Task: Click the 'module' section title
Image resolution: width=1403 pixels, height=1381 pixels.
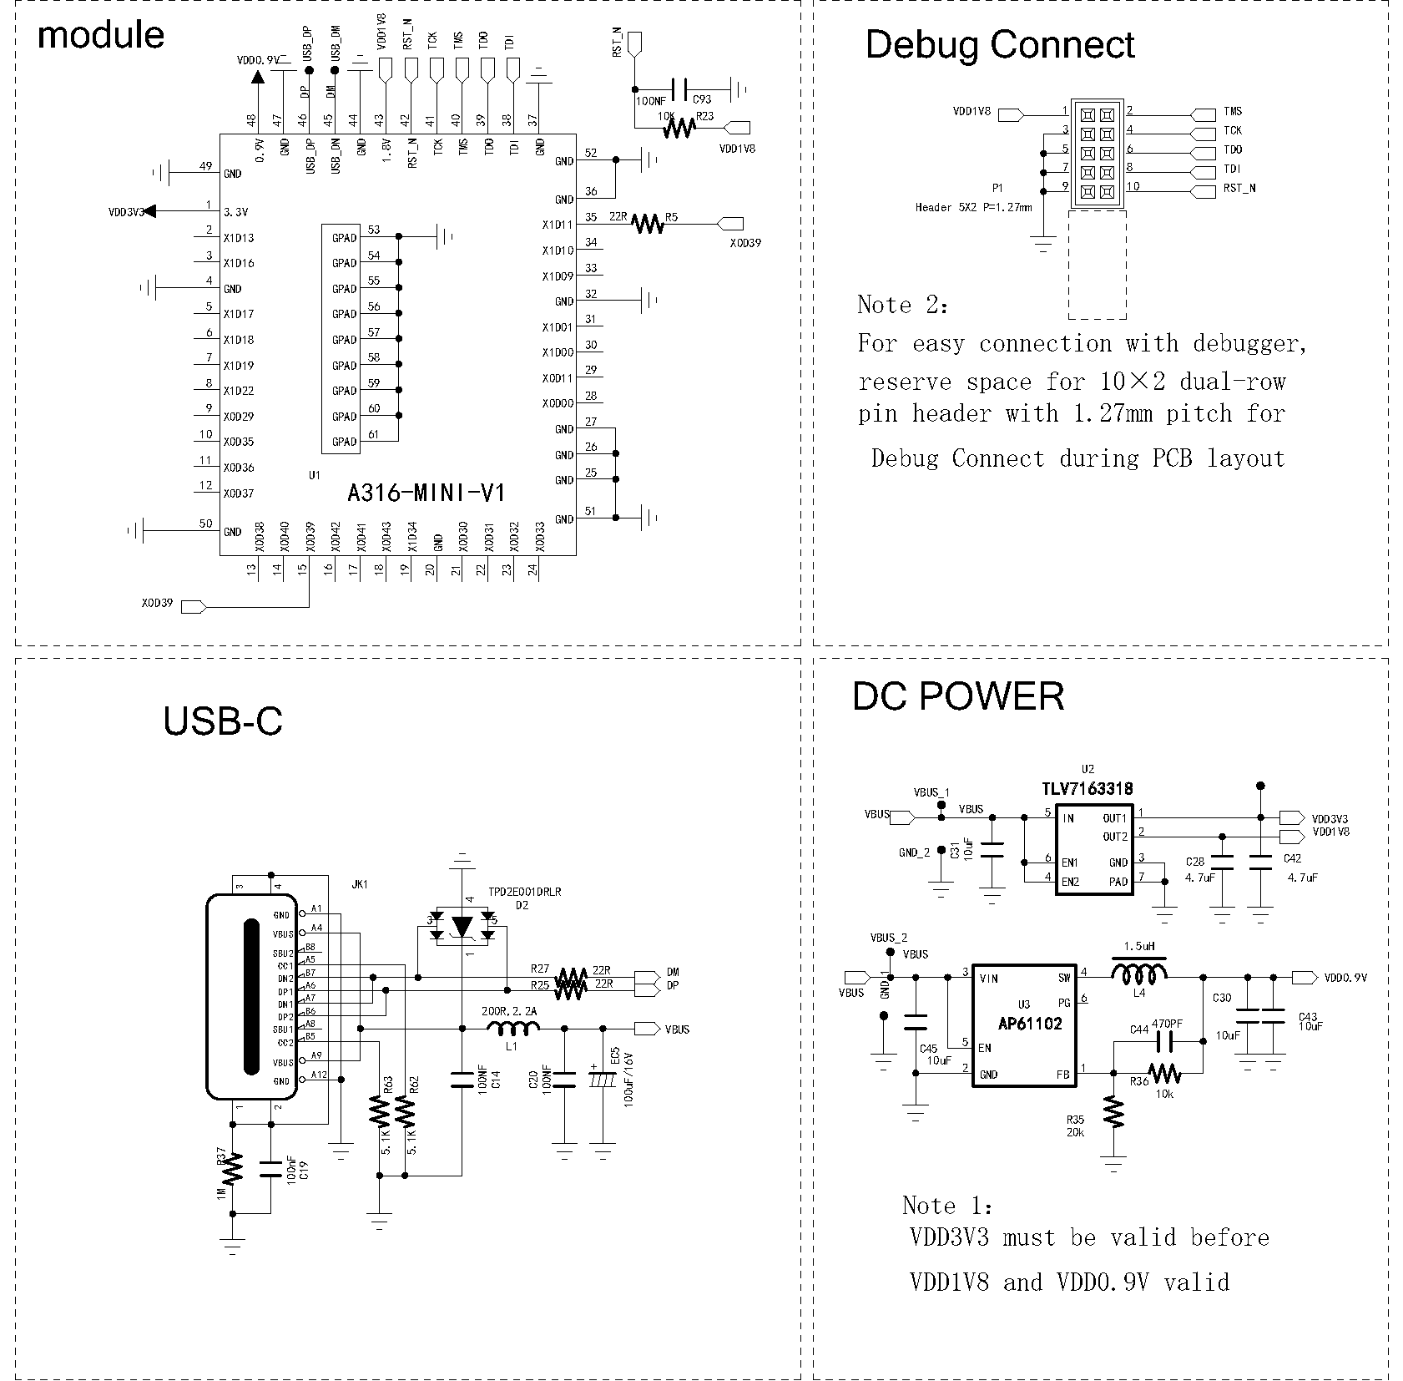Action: tap(100, 35)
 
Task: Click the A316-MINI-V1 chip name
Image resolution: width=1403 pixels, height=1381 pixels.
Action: tap(426, 493)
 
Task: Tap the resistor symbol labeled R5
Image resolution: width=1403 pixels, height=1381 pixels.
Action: tap(648, 223)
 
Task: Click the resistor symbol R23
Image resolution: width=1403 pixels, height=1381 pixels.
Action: tap(679, 128)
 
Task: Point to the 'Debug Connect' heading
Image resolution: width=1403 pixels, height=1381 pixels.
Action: tap(999, 44)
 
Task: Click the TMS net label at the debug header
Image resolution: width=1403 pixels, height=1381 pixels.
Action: tap(1232, 111)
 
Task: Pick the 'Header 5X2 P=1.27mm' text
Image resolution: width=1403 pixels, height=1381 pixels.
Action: tap(972, 207)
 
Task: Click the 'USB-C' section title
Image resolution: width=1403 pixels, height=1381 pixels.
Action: tap(222, 721)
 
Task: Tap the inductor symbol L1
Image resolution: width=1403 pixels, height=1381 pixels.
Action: tap(512, 1029)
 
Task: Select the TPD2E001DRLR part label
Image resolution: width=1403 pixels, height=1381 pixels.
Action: tap(525, 892)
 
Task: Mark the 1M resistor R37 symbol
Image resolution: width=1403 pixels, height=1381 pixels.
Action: tap(233, 1167)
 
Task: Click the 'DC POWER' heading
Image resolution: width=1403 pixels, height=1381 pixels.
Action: tap(957, 696)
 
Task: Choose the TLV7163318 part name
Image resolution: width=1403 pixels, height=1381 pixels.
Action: tap(1087, 789)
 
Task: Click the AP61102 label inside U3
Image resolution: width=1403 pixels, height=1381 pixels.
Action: tap(1030, 1024)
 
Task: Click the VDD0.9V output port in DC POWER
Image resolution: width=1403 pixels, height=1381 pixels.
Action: tap(1304, 977)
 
